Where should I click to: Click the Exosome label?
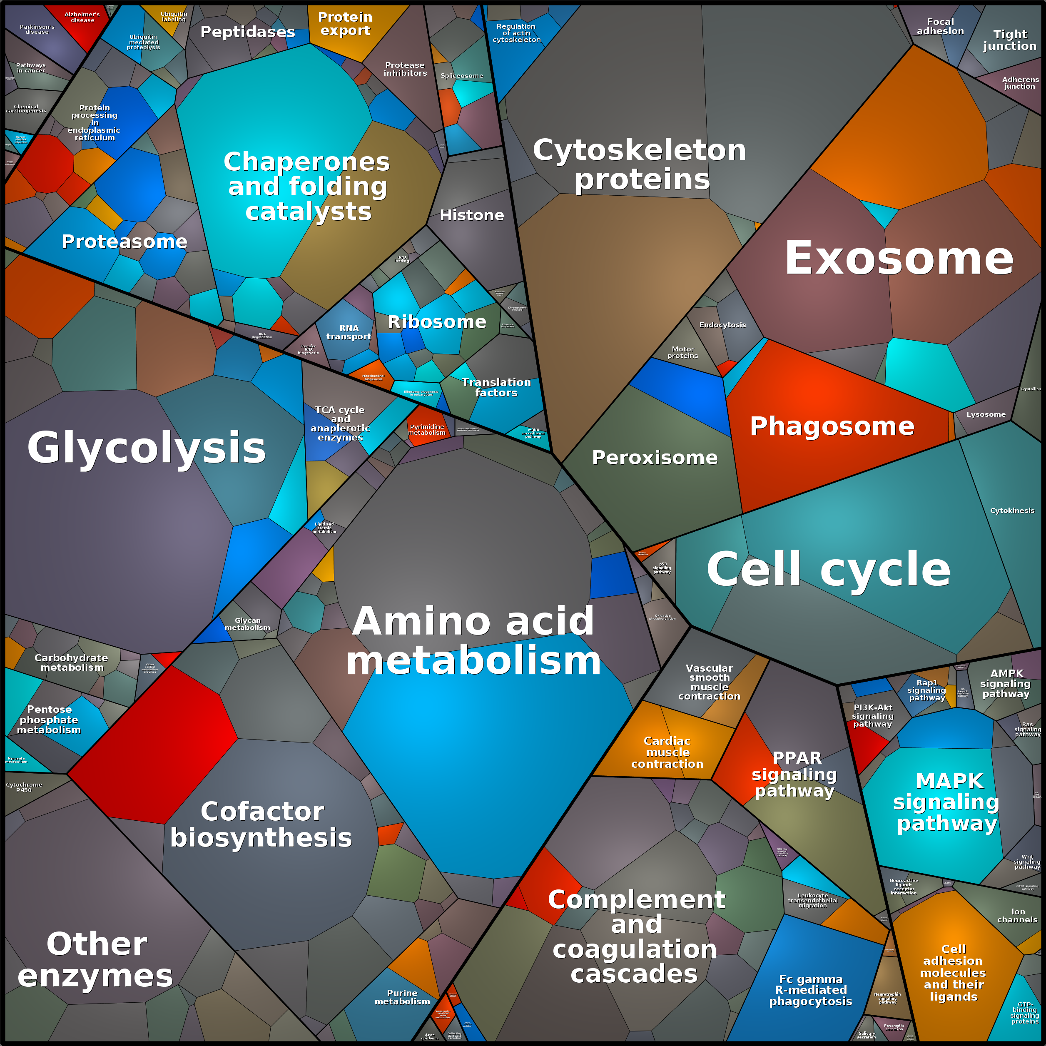coord(899,259)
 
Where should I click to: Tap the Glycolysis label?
coord(146,448)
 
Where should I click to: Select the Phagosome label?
coord(832,426)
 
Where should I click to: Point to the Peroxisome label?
coord(655,458)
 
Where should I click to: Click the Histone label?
coord(471,215)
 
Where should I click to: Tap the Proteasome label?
coord(124,242)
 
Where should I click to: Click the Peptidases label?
coord(247,32)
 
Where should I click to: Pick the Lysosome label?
coord(986,414)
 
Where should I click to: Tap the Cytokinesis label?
coord(1012,511)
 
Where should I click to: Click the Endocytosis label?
coord(722,325)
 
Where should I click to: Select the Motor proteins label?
coord(683,352)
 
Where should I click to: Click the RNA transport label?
coord(349,332)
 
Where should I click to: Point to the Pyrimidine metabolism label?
coord(427,430)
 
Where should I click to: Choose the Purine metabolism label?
coord(402,997)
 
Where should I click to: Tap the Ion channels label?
coord(1017,916)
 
